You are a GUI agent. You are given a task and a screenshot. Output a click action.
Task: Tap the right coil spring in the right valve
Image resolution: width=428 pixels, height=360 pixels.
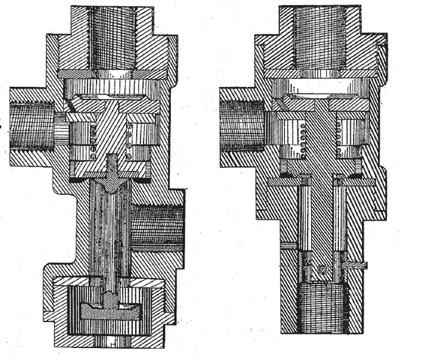coord(346,139)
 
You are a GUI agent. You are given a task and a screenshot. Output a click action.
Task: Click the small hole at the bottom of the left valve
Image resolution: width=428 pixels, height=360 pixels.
coord(113,340)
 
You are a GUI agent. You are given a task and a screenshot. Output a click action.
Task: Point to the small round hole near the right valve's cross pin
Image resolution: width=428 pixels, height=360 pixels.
coord(320,265)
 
